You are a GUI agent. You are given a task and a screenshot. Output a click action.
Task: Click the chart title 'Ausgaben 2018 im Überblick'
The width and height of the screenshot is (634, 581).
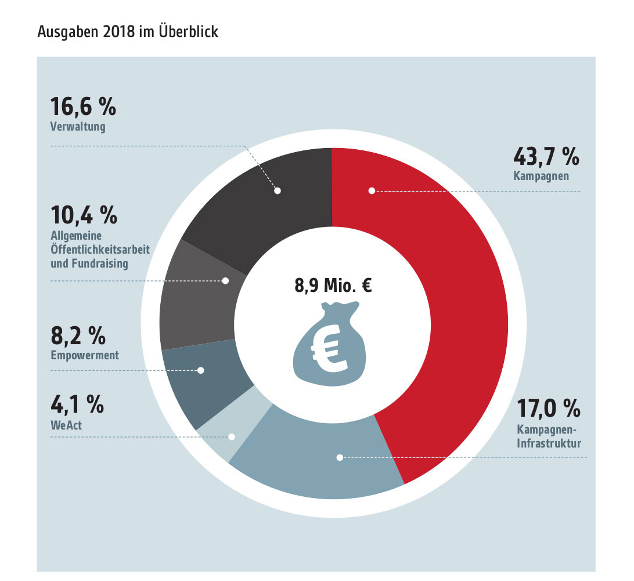[x=128, y=31]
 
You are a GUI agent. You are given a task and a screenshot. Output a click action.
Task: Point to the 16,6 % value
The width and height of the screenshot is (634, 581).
[x=83, y=107]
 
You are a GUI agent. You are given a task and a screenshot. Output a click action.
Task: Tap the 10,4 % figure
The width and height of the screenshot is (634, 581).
[x=84, y=215]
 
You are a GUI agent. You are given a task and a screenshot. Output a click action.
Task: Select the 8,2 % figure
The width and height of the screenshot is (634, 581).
[x=78, y=335]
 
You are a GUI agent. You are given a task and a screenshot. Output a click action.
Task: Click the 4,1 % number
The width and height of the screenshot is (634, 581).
[x=77, y=404]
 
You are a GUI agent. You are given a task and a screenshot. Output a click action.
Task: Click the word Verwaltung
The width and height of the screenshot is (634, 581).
[x=78, y=127]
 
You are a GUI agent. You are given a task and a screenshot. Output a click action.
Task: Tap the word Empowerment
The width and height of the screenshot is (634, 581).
[x=85, y=355]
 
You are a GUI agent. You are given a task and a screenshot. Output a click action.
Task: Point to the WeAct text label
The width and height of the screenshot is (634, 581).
[x=67, y=425]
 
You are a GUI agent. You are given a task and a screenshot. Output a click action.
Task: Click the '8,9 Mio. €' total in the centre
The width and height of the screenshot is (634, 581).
[x=332, y=286]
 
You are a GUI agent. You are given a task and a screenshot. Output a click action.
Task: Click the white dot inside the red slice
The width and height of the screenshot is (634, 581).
[x=372, y=190]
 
